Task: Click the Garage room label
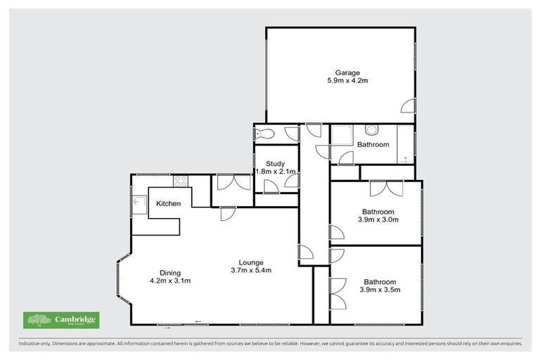(x=347, y=72)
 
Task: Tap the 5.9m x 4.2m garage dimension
(x=347, y=82)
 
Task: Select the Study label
(x=276, y=163)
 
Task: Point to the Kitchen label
(x=169, y=204)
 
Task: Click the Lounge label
(x=250, y=262)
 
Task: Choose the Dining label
(x=170, y=273)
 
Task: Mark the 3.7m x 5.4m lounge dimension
(x=250, y=270)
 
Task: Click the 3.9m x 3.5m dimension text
(x=379, y=289)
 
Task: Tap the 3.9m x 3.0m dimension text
(x=379, y=219)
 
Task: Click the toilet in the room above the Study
(x=262, y=134)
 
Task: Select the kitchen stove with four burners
(x=181, y=181)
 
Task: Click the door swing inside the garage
(x=407, y=107)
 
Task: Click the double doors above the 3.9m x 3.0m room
(x=385, y=188)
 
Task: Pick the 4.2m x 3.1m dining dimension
(x=170, y=281)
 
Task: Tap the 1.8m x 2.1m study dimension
(x=276, y=172)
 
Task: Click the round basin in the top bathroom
(x=372, y=129)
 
